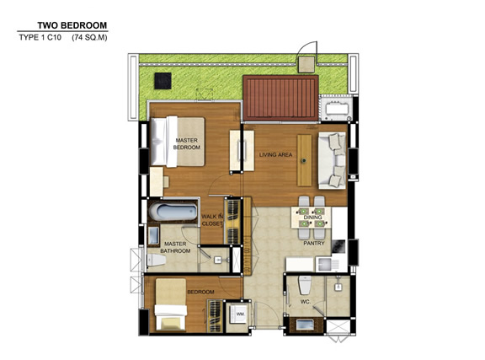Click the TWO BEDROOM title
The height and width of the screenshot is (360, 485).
point(72,25)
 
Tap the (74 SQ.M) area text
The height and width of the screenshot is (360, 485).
point(89,38)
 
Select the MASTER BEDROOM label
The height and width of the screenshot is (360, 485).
point(187,144)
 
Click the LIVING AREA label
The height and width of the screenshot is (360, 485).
point(275,154)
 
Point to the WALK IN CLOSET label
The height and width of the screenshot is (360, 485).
point(212,220)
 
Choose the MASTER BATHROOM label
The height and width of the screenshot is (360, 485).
point(175,247)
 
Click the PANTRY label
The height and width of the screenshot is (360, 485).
point(314,243)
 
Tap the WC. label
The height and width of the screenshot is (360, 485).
point(306,302)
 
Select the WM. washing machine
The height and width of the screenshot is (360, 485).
point(237,314)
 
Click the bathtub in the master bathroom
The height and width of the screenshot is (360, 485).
point(173,212)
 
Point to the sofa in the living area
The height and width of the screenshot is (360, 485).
point(333,160)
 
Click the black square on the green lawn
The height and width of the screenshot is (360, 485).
point(163,81)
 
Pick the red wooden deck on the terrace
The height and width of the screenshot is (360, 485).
point(280,98)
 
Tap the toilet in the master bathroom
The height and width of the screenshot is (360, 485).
point(157,260)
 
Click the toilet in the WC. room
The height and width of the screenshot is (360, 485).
point(305,285)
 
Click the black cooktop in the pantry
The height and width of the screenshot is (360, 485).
point(338,247)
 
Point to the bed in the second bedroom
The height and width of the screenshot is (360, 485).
point(171,304)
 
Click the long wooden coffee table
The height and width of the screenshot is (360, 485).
point(304,160)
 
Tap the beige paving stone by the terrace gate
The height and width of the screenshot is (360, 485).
point(306,64)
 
